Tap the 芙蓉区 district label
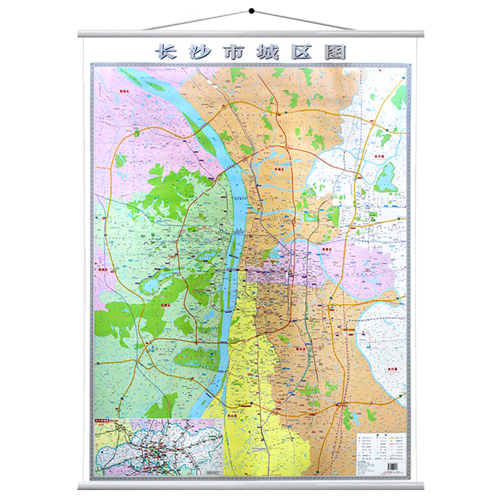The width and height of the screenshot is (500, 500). (326, 248)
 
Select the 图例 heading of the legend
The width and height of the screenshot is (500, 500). (381, 436)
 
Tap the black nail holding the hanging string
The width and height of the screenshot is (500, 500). (250, 10)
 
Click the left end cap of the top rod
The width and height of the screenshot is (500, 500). (81, 34)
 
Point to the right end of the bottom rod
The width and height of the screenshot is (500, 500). (421, 486)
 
